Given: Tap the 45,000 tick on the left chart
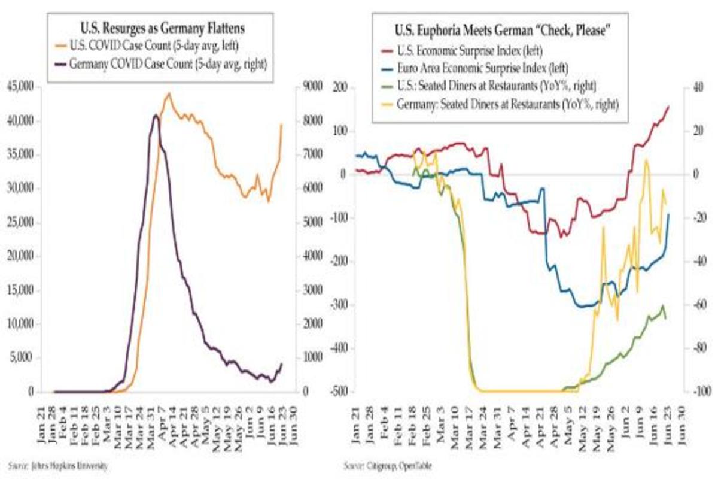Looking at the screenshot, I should pyautogui.click(x=20, y=87).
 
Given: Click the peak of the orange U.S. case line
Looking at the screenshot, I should pyautogui.click(x=169, y=93).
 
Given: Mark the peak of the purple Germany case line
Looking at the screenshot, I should pyautogui.click(x=156, y=115).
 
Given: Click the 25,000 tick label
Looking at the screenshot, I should pyautogui.click(x=20, y=223).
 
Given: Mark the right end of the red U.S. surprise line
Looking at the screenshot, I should pyautogui.click(x=669, y=107).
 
